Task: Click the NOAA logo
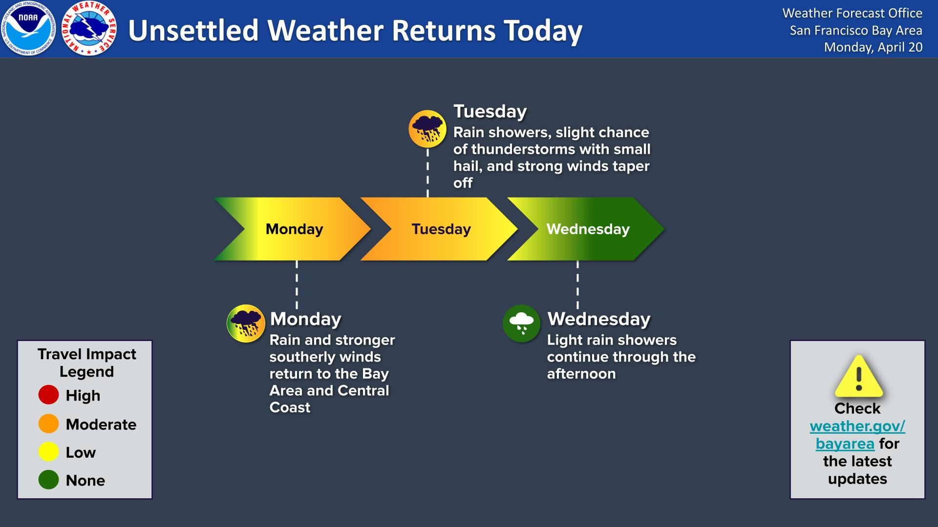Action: click(28, 28)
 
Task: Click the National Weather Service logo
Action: click(89, 28)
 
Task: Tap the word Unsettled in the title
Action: click(192, 30)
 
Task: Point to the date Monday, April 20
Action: click(873, 47)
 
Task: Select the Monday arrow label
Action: click(294, 229)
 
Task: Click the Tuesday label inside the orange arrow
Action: click(441, 229)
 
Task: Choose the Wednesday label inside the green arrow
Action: click(588, 229)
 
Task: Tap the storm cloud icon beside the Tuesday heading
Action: click(427, 129)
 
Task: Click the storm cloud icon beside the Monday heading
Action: click(246, 323)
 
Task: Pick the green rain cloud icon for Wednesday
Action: click(521, 323)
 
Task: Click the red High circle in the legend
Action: click(48, 395)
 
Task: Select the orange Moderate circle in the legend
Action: click(48, 424)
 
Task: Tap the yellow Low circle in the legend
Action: click(48, 452)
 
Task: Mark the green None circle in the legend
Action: click(48, 480)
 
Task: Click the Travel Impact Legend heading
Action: click(86, 363)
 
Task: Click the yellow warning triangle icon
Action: click(858, 377)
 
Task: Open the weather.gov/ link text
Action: click(857, 426)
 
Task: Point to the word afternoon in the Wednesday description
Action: click(581, 374)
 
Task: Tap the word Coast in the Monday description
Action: click(290, 407)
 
